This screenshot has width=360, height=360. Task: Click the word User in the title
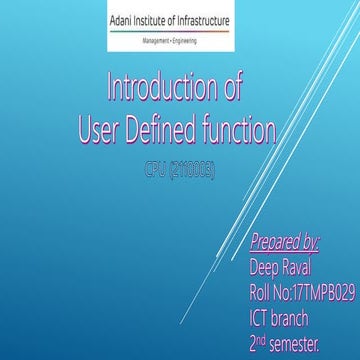(102, 127)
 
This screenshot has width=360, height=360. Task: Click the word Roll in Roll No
(260, 293)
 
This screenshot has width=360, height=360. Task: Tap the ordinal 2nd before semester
(260, 343)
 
